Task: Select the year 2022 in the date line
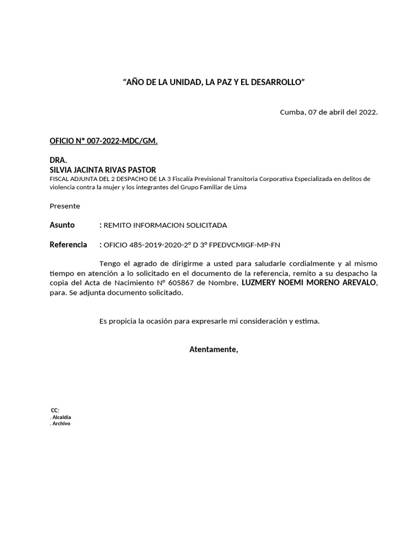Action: [x=367, y=112]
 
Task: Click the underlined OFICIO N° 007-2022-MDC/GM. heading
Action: [x=103, y=141]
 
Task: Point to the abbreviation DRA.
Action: [x=58, y=161]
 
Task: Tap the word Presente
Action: [x=65, y=206]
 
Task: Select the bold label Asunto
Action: [x=62, y=225]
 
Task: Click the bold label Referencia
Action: [x=68, y=245]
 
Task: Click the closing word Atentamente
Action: [x=213, y=349]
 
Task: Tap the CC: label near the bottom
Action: [x=54, y=410]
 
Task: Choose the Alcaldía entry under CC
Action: [x=61, y=417]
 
